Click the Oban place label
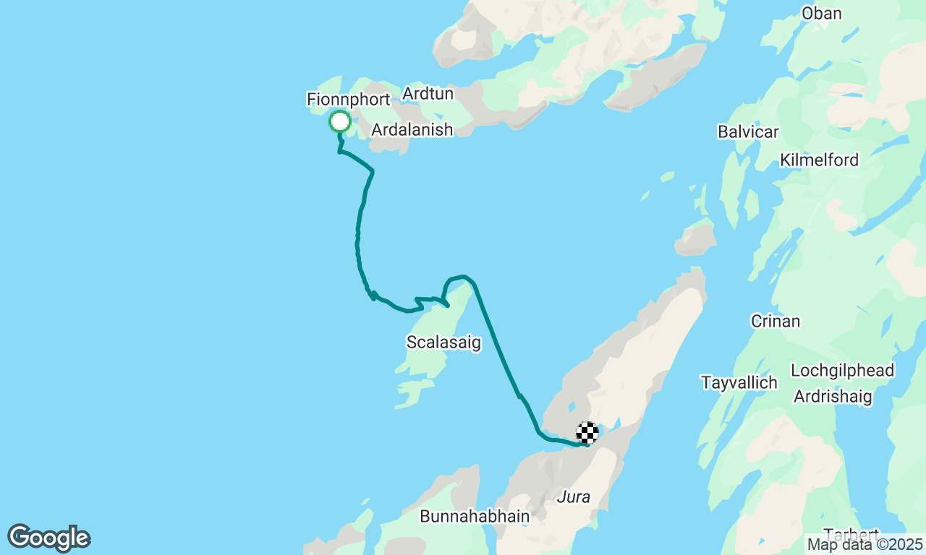click(x=822, y=13)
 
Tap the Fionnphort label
click(x=349, y=99)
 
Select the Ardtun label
click(x=428, y=93)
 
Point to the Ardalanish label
click(x=412, y=129)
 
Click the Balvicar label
click(x=748, y=132)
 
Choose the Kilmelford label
click(x=819, y=160)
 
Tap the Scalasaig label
click(x=443, y=342)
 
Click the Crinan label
click(x=776, y=321)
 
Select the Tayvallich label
click(x=739, y=382)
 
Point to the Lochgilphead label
click(x=842, y=371)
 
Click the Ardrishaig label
click(x=833, y=396)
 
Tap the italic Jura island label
click(x=574, y=496)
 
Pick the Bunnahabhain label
click(x=475, y=517)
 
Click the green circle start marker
click(x=340, y=121)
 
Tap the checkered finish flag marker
click(x=587, y=432)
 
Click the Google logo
click(x=48, y=538)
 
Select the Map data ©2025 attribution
click(x=865, y=544)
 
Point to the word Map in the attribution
click(x=822, y=544)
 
